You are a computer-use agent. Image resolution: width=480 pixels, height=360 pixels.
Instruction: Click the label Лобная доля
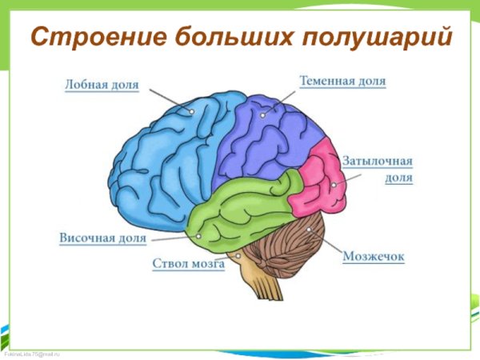pos(102,83)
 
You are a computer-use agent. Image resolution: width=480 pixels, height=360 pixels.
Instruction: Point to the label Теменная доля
pos(342,82)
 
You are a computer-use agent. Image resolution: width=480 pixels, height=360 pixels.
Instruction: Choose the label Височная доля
pos(102,238)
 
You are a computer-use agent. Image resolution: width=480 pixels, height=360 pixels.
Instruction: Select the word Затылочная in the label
pos(377,162)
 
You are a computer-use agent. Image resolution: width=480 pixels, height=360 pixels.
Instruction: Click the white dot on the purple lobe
pos(262,114)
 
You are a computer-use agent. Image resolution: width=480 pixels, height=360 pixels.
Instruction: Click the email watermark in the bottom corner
pos(32,354)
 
